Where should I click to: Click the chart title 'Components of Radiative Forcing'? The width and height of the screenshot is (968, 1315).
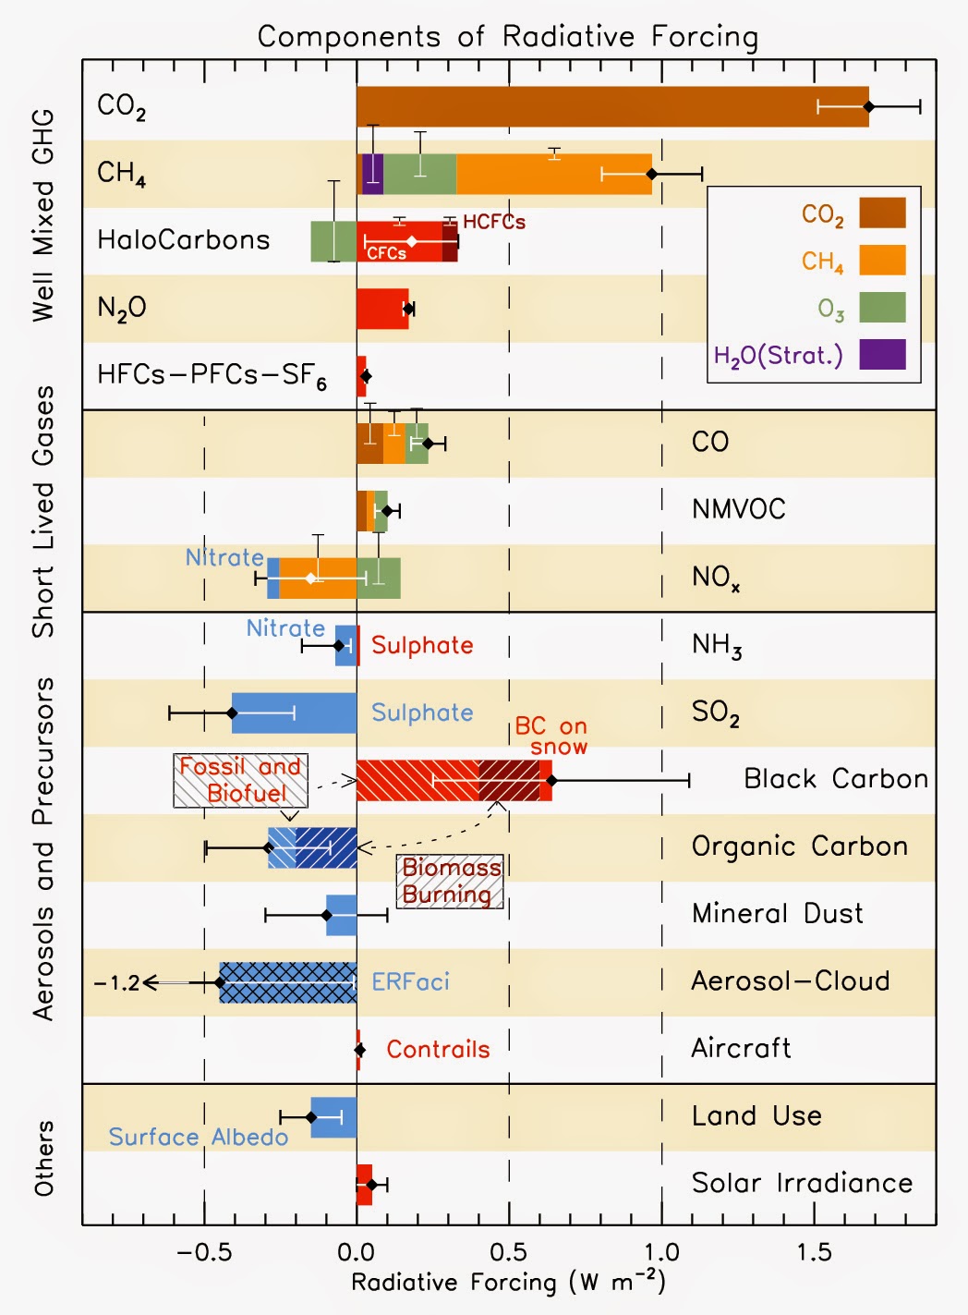point(508,37)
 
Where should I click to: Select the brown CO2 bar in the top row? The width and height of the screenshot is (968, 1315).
point(612,106)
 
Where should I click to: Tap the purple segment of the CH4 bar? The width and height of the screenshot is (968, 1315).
point(372,174)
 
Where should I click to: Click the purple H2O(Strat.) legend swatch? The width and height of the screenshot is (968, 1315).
point(882,354)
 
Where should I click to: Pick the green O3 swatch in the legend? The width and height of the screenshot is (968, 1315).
point(882,307)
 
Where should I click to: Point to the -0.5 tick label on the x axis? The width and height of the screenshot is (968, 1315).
point(204,1252)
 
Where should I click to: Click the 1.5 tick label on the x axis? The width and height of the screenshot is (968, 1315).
point(815,1252)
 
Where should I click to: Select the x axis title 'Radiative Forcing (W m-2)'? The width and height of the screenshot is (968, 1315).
point(508,1282)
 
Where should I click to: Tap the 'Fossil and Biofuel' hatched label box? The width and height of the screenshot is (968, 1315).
point(240,780)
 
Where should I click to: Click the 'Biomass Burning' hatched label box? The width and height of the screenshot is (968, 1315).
point(450,882)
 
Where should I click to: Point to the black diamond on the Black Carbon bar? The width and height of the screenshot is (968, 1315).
point(551,780)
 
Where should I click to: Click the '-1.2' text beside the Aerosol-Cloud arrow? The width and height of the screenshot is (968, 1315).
point(116,982)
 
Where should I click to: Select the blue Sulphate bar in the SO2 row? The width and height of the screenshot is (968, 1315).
point(294,712)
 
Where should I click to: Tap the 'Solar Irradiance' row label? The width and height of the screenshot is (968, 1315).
point(802,1183)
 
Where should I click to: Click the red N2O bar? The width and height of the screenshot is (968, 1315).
point(382,309)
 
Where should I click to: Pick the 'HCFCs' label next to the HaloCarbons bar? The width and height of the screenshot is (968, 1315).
point(494,222)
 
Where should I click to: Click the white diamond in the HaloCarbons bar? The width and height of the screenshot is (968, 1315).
point(412,241)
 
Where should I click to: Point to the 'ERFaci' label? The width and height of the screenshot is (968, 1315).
point(411,981)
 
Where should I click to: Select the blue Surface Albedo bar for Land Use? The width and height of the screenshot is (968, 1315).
point(333,1117)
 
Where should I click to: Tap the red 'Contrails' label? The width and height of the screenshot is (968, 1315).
point(438,1050)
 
